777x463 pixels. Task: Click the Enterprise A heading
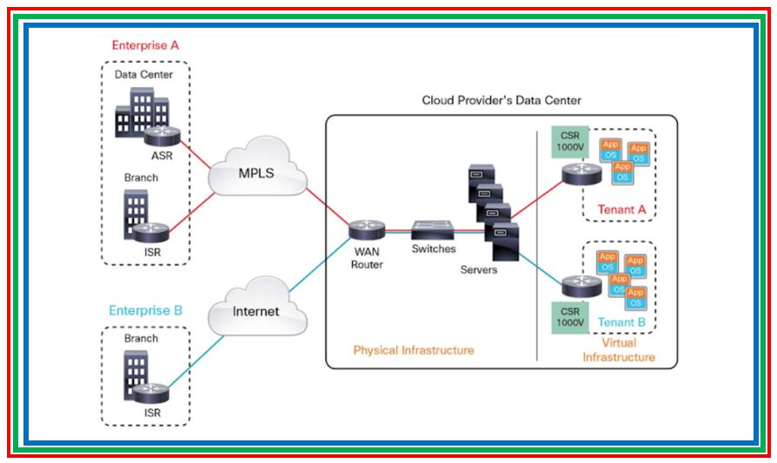click(x=144, y=45)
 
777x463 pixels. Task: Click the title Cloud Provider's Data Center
click(x=501, y=100)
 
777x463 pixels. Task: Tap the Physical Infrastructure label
click(x=414, y=350)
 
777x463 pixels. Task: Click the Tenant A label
click(x=621, y=209)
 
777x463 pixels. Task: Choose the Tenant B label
click(x=621, y=322)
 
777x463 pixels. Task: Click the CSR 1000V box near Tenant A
click(x=569, y=142)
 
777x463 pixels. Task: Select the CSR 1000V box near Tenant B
click(x=569, y=317)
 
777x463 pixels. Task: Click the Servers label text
click(x=479, y=270)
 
